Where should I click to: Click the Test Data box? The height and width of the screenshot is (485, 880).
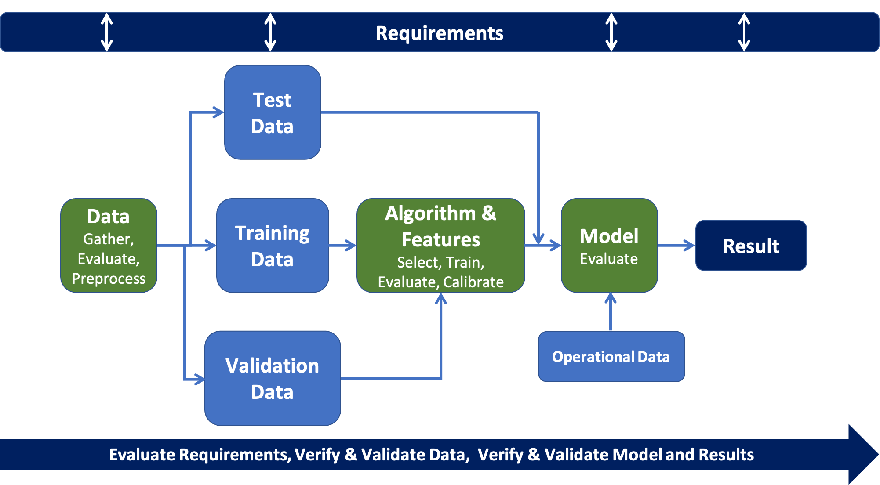273,112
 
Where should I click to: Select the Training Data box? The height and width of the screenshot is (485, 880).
273,246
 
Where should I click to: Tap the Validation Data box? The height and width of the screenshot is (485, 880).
273,378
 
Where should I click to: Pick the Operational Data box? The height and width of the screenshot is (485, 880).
611,357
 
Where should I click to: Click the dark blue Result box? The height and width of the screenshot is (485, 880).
751,246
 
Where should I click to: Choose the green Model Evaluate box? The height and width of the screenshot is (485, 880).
609,246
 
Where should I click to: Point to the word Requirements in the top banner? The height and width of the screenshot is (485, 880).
440,33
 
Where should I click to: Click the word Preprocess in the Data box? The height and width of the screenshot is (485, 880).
109,279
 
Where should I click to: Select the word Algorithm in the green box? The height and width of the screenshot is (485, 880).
430,214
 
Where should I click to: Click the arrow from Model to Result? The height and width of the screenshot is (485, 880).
676,246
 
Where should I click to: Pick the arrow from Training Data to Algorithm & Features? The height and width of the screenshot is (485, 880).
343,246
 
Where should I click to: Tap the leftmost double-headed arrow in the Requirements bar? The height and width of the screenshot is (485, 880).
107,32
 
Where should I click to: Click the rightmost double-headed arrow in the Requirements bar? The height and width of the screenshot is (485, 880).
744,32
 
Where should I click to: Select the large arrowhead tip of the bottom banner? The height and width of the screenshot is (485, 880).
878,454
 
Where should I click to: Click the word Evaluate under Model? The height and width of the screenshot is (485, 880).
609,259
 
